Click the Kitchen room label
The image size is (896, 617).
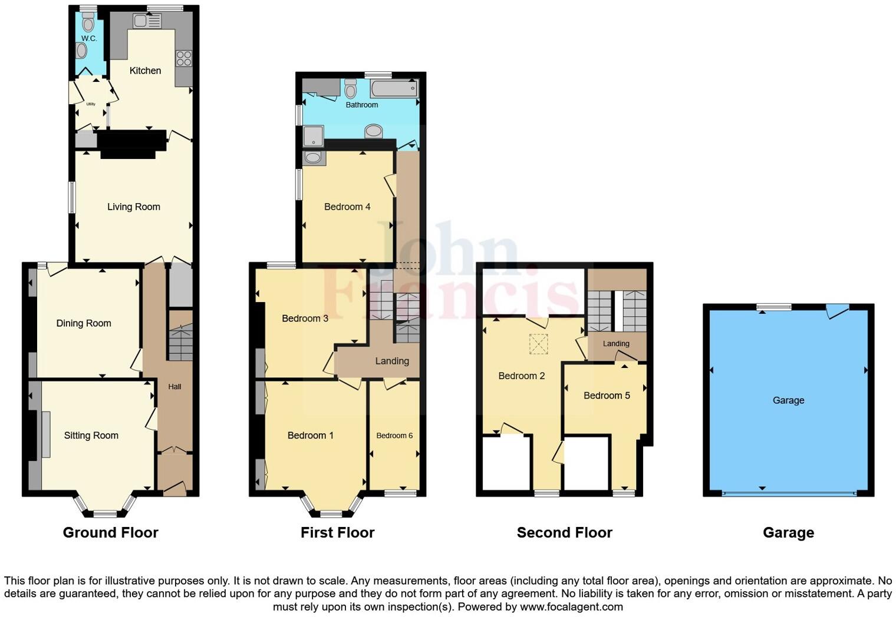145,71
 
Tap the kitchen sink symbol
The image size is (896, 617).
147,21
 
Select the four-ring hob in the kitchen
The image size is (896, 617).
183,58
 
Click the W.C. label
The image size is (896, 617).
89,38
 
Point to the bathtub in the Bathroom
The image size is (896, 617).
394,89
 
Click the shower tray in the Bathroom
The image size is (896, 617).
313,137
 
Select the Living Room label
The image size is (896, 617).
134,207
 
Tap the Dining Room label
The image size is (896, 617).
84,323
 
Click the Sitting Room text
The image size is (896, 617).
91,436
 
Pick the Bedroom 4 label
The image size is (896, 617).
347,207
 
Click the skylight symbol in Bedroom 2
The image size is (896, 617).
538,344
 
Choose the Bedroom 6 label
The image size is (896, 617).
394,436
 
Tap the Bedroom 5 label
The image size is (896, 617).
607,396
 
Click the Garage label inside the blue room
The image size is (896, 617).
788,400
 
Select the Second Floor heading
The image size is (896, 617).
564,533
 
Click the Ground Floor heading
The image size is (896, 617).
111,533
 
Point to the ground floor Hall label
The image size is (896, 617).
174,387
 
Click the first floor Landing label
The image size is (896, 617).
392,361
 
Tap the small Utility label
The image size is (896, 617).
91,104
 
